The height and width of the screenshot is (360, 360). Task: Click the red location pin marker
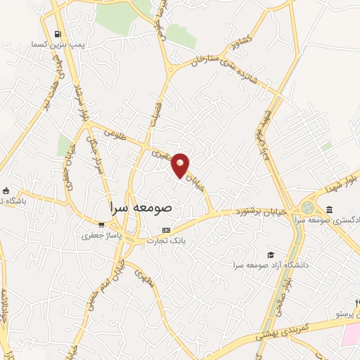[181, 165]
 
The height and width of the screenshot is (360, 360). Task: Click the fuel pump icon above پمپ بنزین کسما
[57, 33]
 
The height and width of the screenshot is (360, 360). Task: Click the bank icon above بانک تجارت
[166, 230]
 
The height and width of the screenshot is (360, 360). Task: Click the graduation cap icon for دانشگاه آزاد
[271, 255]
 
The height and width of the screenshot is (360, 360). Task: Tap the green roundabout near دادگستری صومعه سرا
[308, 208]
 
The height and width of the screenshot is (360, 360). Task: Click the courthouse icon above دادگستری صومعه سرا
[330, 210]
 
